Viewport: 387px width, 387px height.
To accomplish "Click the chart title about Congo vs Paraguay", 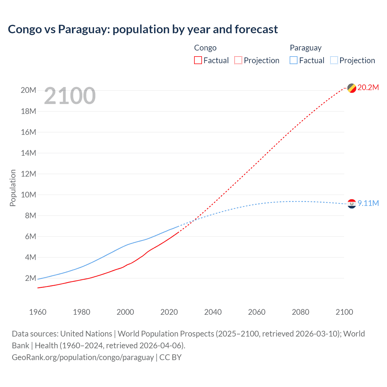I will (143, 29).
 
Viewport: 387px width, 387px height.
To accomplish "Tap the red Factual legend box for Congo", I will (198, 60).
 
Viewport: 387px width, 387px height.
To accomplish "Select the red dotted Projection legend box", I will (238, 60).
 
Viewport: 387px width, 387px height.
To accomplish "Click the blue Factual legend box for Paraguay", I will (294, 60).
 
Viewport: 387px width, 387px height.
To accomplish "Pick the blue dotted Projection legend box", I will (334, 60).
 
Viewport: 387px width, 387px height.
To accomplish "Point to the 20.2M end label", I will (368, 88).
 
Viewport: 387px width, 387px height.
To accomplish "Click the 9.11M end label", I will (368, 203).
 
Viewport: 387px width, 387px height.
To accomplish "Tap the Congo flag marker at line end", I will (352, 88).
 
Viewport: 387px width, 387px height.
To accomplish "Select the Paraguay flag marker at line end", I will (352, 204).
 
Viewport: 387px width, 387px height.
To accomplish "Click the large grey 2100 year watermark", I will (70, 96).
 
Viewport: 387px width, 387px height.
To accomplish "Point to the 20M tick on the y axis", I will (28, 90).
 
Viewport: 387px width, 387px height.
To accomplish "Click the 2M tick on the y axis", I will (30, 278).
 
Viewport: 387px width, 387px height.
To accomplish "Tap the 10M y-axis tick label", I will (28, 195).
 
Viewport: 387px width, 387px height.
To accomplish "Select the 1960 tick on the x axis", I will (38, 312).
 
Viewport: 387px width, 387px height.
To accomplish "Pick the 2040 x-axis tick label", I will (213, 312).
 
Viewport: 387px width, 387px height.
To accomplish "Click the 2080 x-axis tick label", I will (301, 312).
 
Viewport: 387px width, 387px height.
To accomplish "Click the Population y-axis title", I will (13, 188).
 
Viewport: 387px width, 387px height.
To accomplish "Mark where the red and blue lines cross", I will (193, 220).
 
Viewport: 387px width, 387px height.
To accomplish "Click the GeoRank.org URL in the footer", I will (83, 357).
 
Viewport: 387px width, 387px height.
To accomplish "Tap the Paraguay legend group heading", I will (305, 48).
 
